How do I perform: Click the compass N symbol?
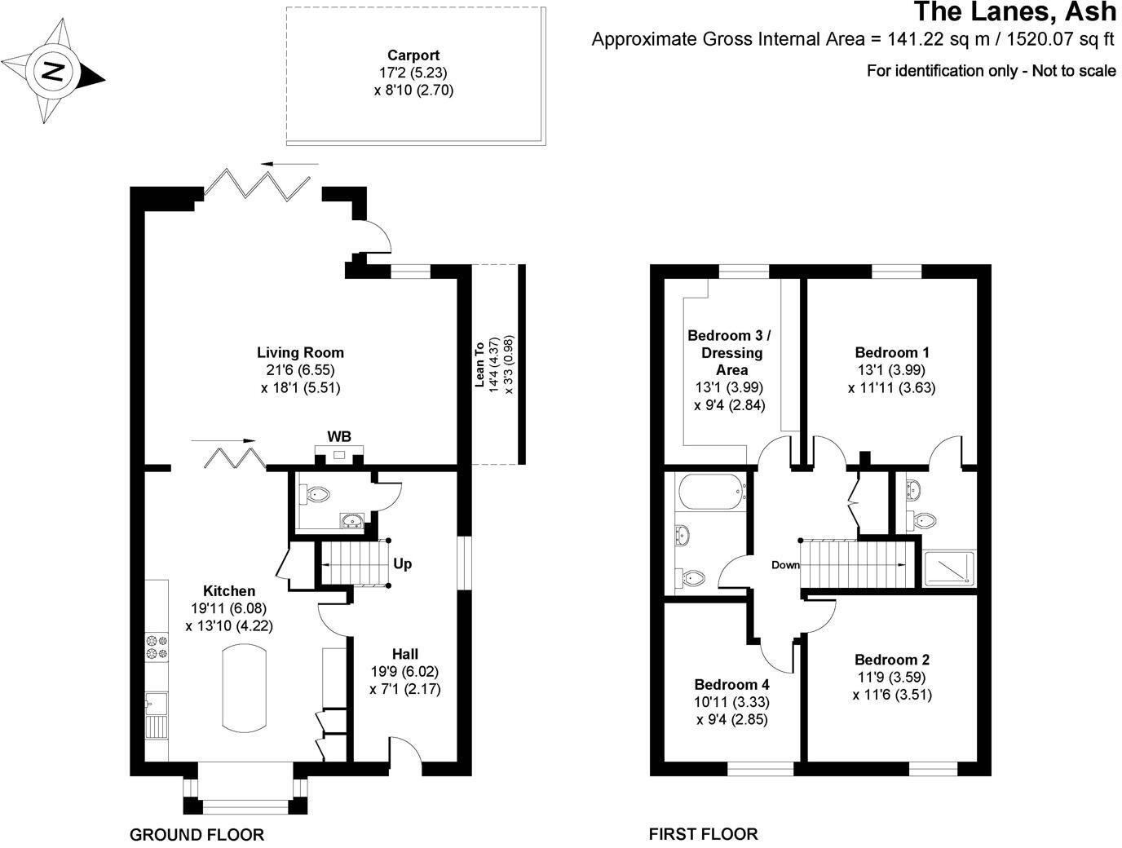click(x=52, y=71)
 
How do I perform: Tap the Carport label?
click(x=413, y=55)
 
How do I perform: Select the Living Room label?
click(x=300, y=353)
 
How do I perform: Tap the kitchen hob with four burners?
click(x=157, y=647)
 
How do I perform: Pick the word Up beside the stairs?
click(x=403, y=563)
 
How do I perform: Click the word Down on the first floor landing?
click(x=785, y=565)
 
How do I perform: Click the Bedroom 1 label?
click(x=892, y=353)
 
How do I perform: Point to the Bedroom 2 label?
click(x=892, y=660)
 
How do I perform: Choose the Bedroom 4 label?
click(x=731, y=685)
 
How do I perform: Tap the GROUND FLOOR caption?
click(x=197, y=834)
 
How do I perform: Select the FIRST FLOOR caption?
click(x=703, y=834)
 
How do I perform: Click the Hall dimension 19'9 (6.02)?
click(x=405, y=672)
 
